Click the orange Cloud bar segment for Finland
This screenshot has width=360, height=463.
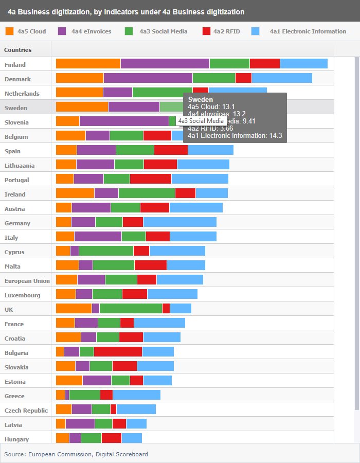(x=88, y=63)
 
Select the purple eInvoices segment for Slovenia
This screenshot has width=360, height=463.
(x=124, y=121)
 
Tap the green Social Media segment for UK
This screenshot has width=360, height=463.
(x=131, y=308)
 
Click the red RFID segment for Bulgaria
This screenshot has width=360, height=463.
(x=118, y=351)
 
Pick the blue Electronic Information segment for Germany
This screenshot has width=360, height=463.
(x=179, y=222)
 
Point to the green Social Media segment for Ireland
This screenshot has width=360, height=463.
(x=147, y=193)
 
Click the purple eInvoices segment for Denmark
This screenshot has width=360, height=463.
(x=148, y=78)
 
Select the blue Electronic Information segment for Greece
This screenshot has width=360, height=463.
(x=136, y=395)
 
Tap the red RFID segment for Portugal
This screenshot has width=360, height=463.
(x=151, y=179)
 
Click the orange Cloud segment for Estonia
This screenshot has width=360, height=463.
(x=69, y=380)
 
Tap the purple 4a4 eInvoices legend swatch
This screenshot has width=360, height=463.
(x=63, y=31)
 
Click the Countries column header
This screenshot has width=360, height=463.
(x=18, y=50)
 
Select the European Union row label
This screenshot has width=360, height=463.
(x=27, y=281)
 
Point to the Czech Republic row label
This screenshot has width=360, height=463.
(x=26, y=411)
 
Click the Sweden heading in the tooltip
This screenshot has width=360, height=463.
(x=198, y=99)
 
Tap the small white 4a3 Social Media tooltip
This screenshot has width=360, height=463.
(x=201, y=121)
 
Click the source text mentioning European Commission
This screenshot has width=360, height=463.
(x=76, y=454)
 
